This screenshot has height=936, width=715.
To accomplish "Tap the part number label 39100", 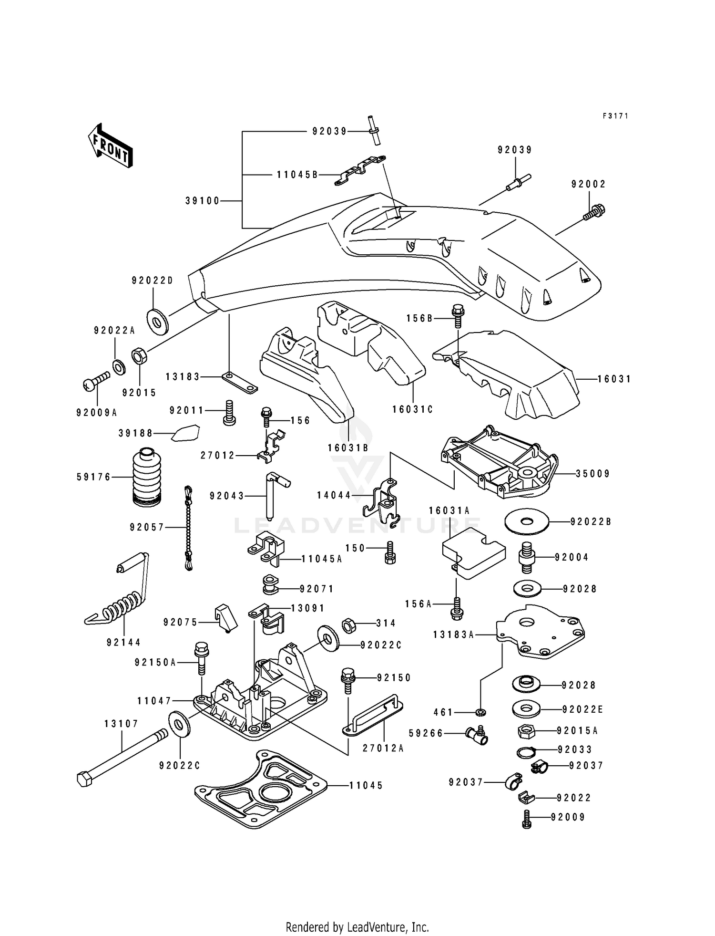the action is coord(203,201).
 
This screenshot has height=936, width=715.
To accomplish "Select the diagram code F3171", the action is coord(615,115).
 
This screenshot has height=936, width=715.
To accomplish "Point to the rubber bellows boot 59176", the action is coord(146,477).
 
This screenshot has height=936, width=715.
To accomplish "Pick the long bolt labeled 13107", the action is coord(122,760).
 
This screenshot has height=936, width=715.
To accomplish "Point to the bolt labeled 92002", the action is coord(594,213).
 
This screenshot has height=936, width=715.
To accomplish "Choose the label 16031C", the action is coord(413,409).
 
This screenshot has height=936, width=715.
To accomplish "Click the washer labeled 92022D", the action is coord(156,320).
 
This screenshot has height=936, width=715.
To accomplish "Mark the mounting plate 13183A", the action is coord(541,632).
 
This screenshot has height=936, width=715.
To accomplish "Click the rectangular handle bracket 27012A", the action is coord(373,716).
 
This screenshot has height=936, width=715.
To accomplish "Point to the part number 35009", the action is coord(593,474).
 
